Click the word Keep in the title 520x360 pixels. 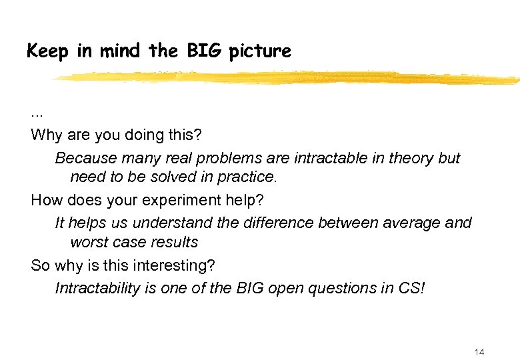[x=49, y=51]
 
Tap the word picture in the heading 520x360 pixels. [x=260, y=51]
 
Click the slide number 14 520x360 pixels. [x=479, y=352]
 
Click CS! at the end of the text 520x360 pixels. [x=412, y=289]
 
